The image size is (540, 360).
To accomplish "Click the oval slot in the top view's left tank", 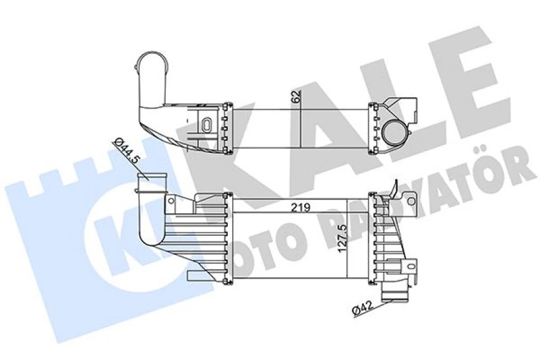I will (x=204, y=122).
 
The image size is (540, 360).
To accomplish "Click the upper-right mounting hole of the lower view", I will (x=411, y=201).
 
